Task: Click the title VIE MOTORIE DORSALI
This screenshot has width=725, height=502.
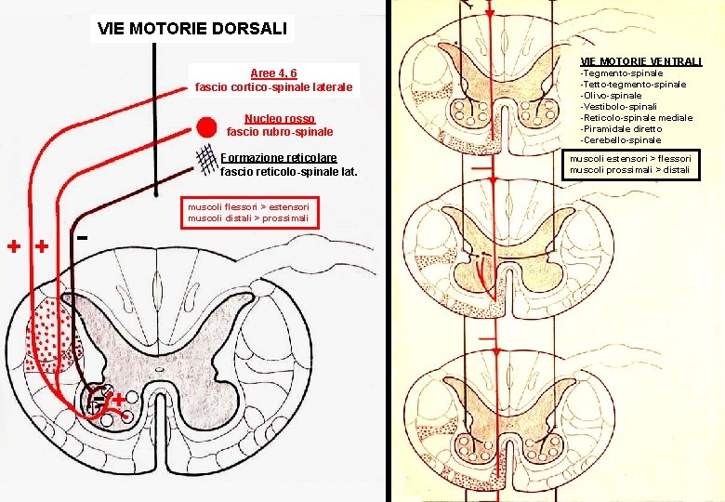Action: tap(193, 28)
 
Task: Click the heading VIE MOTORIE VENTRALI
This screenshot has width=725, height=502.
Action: tap(641, 61)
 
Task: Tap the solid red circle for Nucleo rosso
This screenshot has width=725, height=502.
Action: tap(207, 125)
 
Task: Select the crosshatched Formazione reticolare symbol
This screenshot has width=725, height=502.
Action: tap(209, 161)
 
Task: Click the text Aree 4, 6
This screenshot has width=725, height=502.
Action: tap(273, 73)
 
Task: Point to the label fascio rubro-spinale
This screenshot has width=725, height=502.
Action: tap(280, 132)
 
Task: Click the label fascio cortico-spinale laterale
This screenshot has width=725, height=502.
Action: tap(274, 87)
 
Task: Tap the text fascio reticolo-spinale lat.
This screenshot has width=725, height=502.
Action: tap(288, 172)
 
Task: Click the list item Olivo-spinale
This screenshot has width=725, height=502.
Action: tap(611, 95)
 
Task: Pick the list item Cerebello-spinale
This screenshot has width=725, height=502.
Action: tap(621, 139)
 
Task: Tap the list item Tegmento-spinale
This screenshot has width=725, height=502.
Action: tap(622, 73)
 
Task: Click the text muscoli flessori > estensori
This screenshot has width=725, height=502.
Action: tap(248, 206)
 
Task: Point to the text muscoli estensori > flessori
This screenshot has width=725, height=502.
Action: tap(630, 158)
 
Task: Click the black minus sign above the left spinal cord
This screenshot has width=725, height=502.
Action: tap(83, 238)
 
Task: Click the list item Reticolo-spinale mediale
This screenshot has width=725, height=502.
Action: tap(636, 117)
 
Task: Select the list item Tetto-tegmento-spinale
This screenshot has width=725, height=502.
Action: tap(633, 84)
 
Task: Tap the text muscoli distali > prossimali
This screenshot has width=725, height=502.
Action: tap(248, 219)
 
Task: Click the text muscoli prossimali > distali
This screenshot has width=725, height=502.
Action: tap(628, 170)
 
